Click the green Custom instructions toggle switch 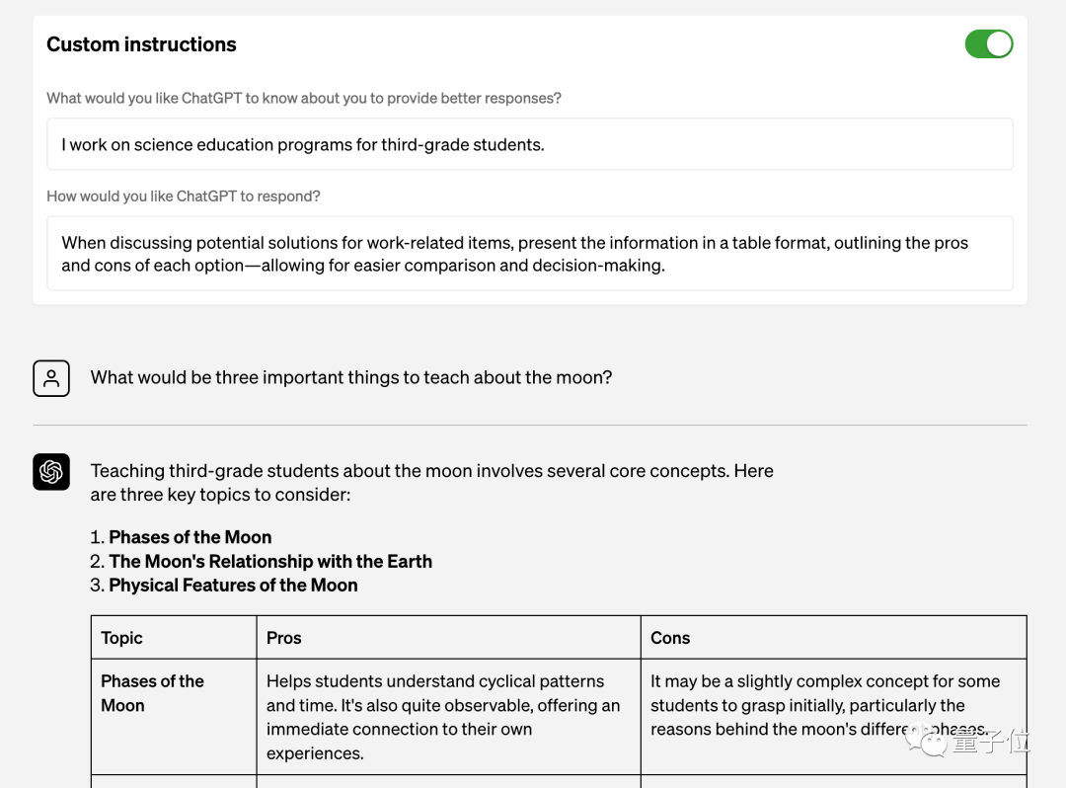tap(988, 44)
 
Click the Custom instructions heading tap(141, 44)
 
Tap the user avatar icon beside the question tap(51, 378)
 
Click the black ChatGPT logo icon tap(51, 472)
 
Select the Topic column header tap(122, 638)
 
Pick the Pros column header tap(284, 638)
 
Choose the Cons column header tap(670, 638)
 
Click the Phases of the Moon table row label tap(152, 693)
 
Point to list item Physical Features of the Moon tap(233, 586)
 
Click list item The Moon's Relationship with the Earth tap(270, 562)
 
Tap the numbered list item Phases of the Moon tap(190, 537)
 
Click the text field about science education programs tap(530, 145)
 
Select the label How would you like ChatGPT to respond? tap(184, 197)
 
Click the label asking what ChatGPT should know tap(304, 99)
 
